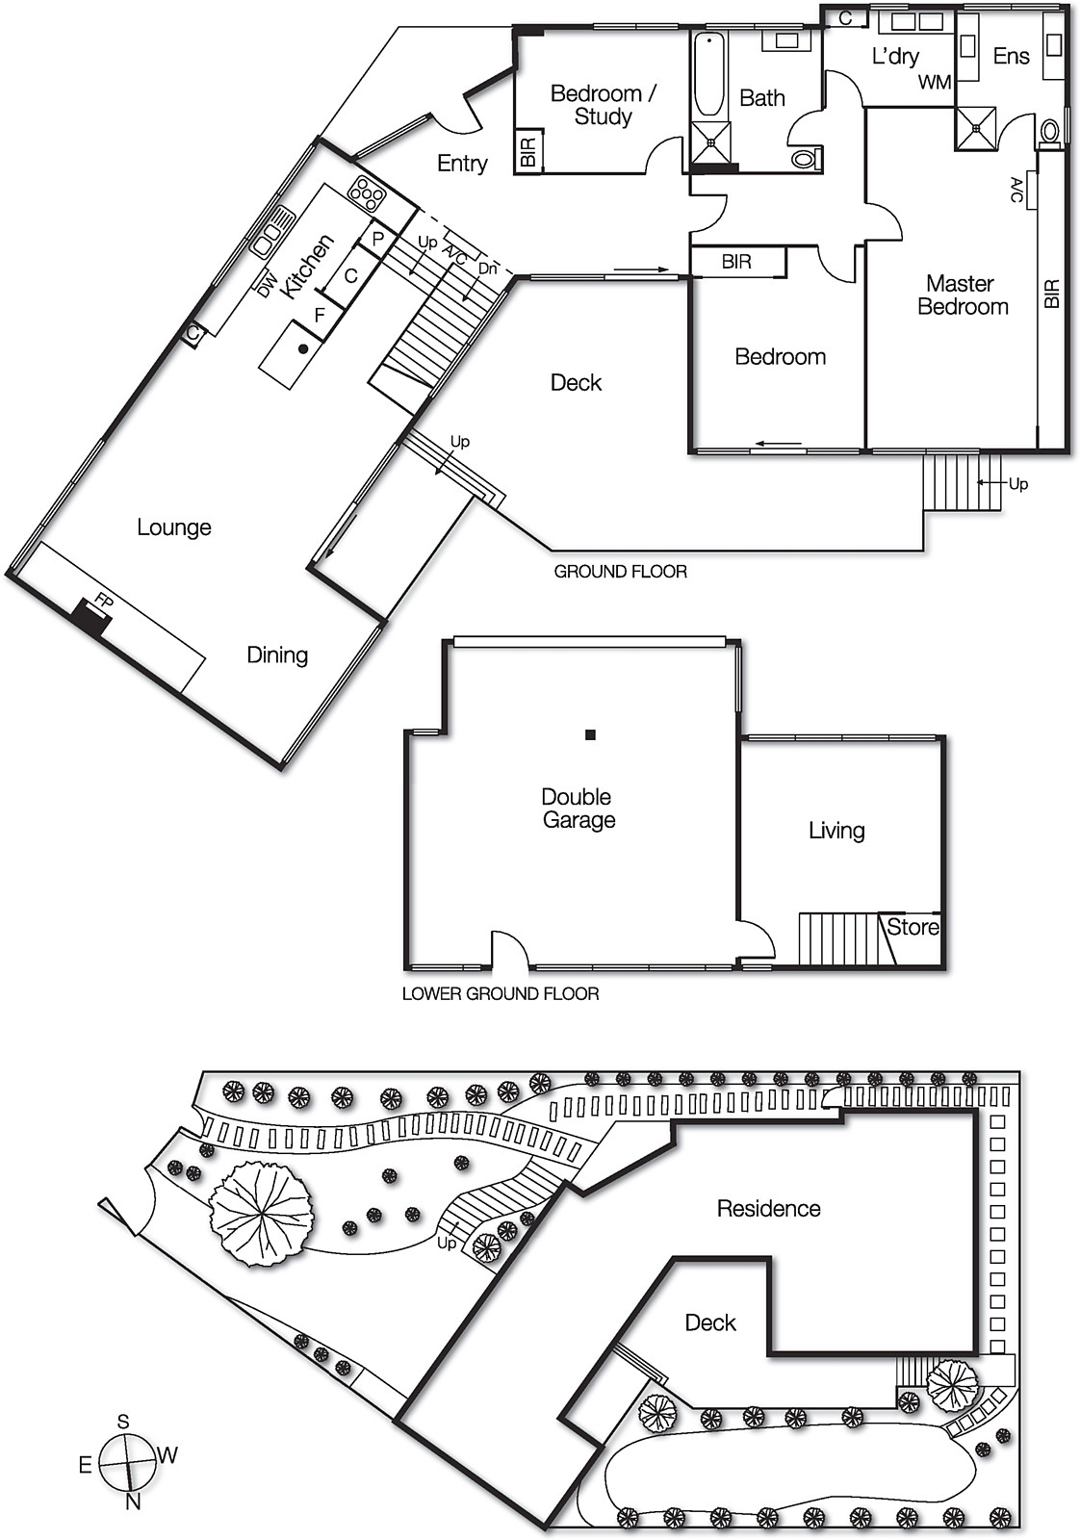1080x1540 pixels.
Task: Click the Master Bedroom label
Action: pos(962,295)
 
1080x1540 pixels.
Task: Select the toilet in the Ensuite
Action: pos(1050,130)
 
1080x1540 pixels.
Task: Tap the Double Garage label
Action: pos(578,808)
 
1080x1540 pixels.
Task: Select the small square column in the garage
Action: pos(591,735)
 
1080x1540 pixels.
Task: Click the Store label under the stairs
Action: pos(913,927)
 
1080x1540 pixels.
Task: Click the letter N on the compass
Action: pos(133,1501)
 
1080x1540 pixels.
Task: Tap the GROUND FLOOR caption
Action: pos(620,572)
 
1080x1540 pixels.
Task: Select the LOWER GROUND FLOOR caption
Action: pos(501,993)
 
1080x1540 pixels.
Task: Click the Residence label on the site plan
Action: pos(768,1209)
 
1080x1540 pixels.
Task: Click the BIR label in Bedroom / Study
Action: pos(527,153)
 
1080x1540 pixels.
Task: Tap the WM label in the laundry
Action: pos(934,83)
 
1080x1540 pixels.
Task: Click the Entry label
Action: pos(462,164)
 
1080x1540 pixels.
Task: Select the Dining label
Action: pos(277,655)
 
